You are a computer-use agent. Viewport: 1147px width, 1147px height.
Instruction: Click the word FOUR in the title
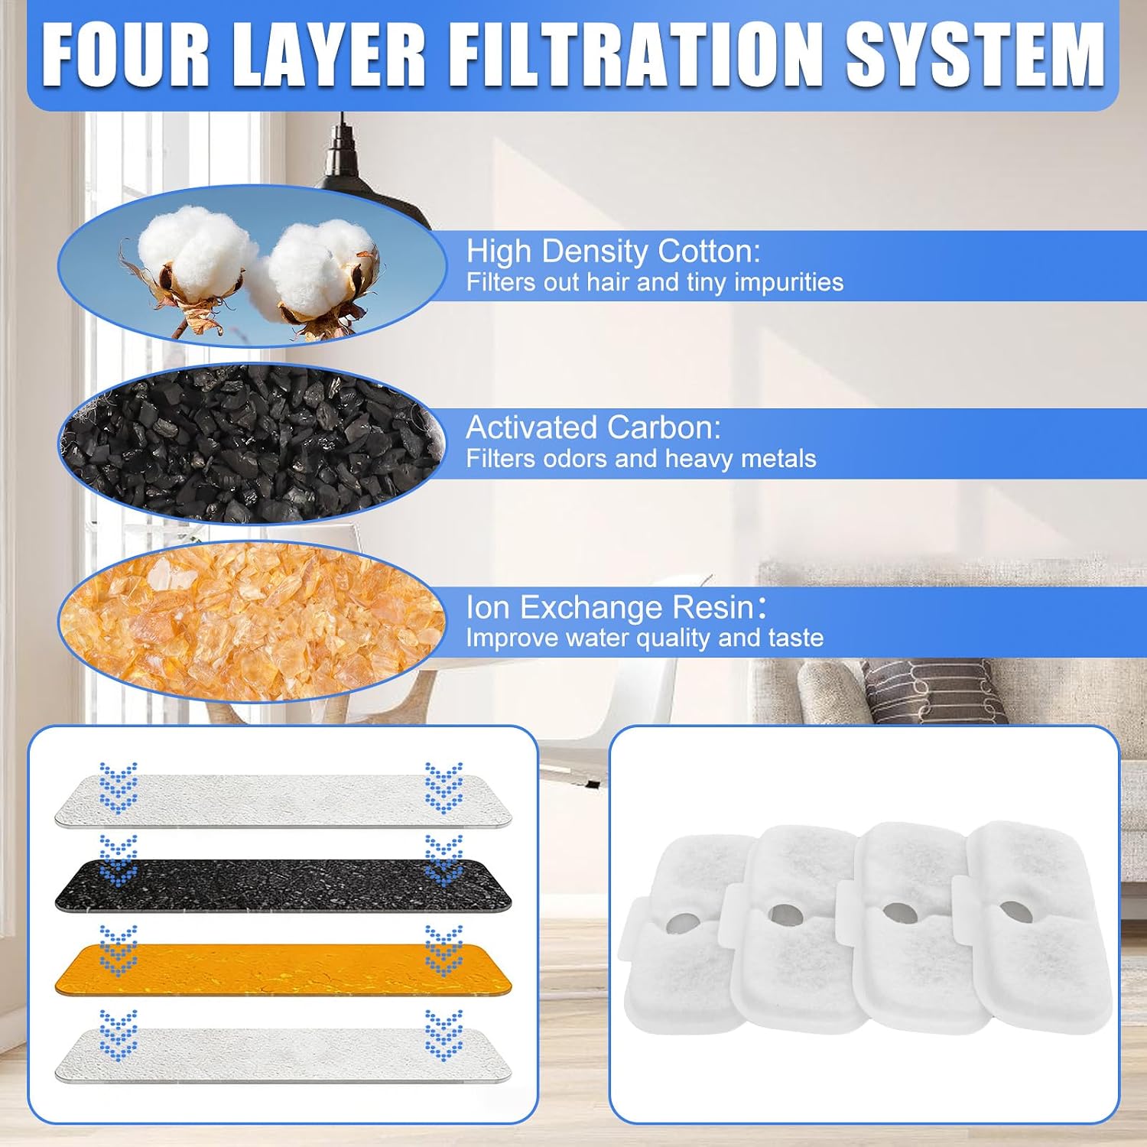click(125, 56)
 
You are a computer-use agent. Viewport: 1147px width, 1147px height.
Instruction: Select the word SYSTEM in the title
click(975, 56)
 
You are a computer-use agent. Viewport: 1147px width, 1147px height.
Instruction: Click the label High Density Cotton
click(613, 252)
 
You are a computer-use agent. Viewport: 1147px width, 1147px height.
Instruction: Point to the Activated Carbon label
click(593, 427)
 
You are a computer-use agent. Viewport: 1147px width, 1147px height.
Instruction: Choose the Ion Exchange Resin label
click(616, 607)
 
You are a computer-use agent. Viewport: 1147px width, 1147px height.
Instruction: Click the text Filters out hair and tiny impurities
click(655, 283)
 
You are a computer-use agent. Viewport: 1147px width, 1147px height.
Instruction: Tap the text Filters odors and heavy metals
click(641, 459)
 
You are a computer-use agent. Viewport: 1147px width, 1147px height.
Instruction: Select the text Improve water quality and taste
click(645, 638)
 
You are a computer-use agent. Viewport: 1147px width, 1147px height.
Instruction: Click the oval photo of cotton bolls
click(252, 266)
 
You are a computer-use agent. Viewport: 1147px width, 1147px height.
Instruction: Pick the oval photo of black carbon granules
click(252, 444)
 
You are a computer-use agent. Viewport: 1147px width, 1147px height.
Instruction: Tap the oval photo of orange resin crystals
click(252, 622)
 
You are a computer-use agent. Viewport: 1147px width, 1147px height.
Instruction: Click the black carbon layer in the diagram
click(283, 885)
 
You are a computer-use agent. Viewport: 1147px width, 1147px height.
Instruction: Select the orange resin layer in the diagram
click(283, 969)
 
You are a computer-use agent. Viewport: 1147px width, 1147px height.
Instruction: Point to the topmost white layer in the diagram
click(283, 801)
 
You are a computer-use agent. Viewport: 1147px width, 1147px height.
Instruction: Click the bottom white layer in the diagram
click(283, 1055)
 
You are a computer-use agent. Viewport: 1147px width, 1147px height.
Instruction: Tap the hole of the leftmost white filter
click(679, 924)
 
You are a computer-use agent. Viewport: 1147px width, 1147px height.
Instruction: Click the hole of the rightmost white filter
click(1014, 910)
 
